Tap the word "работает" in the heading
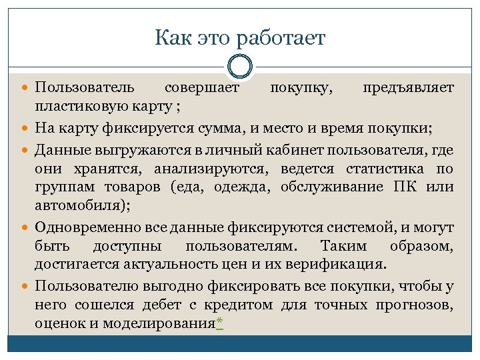pos(285,38)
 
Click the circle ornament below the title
pos(240,66)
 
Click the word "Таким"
pos(343,245)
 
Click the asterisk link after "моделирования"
pos(219,324)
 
